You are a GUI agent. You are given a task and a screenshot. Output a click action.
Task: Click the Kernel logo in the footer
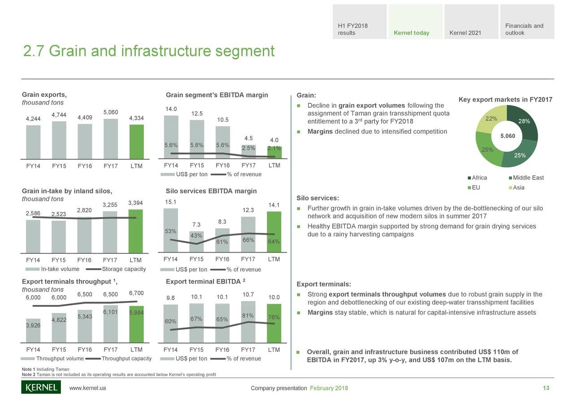coord(41,387)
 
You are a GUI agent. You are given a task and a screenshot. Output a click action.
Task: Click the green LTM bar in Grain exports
coord(136,141)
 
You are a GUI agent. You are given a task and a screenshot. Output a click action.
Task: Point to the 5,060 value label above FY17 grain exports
coord(111,112)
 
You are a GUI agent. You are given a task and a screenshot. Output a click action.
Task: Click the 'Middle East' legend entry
coord(527,178)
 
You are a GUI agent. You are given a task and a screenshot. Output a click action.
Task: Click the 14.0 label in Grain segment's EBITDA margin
coord(171,109)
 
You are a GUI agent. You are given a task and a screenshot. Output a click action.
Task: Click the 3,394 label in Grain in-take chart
coord(136,203)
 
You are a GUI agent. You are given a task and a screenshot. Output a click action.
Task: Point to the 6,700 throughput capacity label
coord(136,293)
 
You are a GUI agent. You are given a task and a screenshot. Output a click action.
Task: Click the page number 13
coord(546,388)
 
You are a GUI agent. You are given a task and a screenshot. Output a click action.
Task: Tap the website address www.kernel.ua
coord(87,388)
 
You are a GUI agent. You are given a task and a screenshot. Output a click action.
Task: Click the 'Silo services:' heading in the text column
coord(317,198)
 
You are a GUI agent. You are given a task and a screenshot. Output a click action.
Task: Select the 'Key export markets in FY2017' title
coord(505,100)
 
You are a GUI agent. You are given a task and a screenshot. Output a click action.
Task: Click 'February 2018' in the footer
coord(329,388)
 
